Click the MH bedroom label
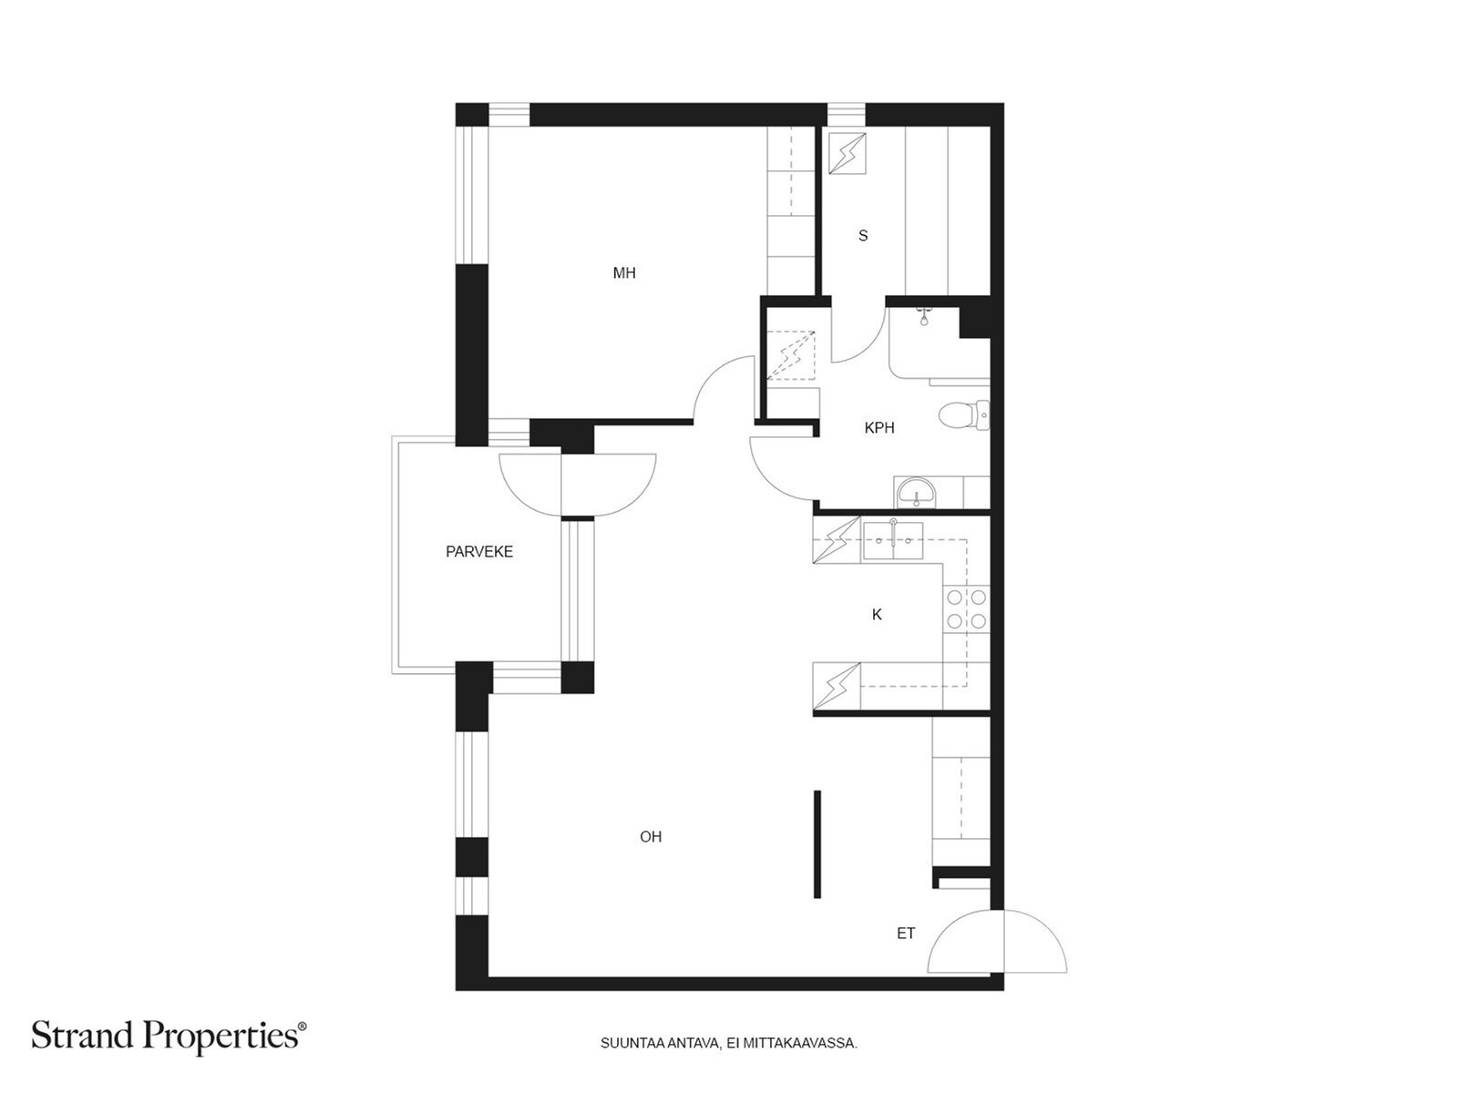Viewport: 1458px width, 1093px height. point(623,272)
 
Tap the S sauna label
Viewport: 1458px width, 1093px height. point(863,236)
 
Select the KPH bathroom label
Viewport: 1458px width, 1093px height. point(878,428)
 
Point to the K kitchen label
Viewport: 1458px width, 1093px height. point(877,615)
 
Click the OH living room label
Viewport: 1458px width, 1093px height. point(651,837)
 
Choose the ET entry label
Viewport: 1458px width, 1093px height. point(906,933)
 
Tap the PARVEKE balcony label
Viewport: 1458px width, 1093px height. point(479,551)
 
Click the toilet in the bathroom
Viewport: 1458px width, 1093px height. point(964,415)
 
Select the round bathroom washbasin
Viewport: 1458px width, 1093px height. point(916,493)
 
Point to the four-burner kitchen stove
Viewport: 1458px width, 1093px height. point(966,608)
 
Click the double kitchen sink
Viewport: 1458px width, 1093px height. point(893,541)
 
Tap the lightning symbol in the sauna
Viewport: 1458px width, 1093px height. point(847,153)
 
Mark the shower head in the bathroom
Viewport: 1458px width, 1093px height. point(923,317)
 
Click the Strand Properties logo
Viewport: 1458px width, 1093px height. point(169,1037)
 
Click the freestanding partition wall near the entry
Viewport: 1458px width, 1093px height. point(817,844)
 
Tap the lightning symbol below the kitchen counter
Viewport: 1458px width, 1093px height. point(837,686)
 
